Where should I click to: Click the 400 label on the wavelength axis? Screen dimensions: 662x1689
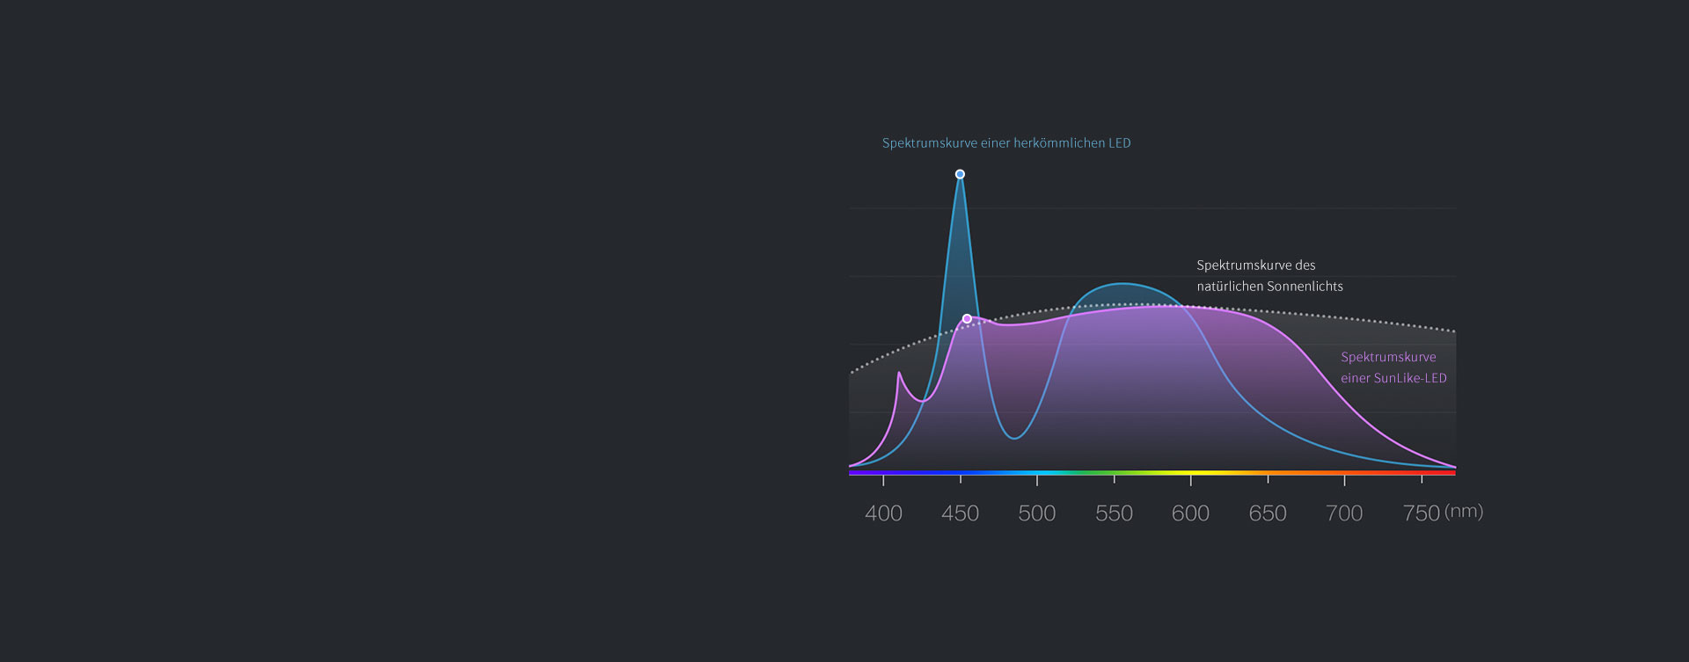pos(883,513)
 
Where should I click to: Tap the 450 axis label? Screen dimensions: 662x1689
pos(960,513)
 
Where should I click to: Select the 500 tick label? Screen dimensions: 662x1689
pos(1036,513)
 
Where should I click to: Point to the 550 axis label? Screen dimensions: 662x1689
pos(1114,513)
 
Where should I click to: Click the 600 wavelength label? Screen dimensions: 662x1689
pos(1190,513)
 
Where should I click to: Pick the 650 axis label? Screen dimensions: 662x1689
pos(1267,513)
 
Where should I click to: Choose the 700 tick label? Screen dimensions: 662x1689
pos(1343,513)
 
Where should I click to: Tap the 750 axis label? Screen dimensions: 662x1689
pos(1421,513)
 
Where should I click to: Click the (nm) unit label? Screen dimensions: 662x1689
pos(1464,511)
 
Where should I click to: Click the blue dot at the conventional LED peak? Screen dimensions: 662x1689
pos(960,174)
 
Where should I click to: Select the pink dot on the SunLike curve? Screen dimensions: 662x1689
pos(967,318)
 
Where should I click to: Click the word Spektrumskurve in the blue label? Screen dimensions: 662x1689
pos(929,143)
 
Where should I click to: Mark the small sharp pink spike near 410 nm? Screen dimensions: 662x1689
pos(899,374)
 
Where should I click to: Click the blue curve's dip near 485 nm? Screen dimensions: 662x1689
pos(1014,437)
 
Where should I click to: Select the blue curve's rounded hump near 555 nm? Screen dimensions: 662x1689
pos(1122,284)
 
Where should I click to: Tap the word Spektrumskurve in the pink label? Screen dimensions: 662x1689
pos(1388,357)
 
